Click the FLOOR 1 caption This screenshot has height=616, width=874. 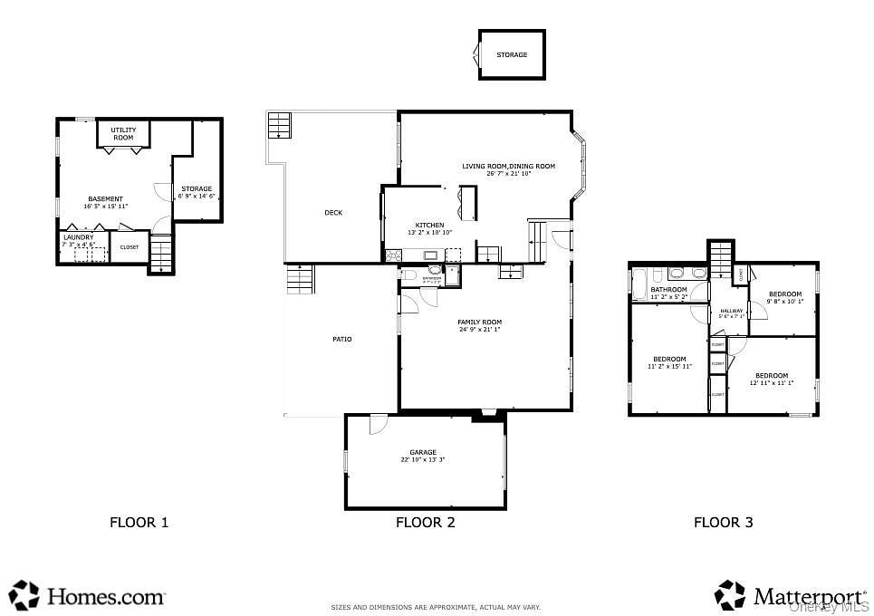coord(139,522)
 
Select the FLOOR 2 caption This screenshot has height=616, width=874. coord(425,522)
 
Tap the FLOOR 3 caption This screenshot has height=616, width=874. coord(723,522)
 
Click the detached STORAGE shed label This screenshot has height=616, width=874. coord(512,54)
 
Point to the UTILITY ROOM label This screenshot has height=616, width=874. coord(123,134)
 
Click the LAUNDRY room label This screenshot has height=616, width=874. coord(78,237)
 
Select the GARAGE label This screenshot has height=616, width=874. coord(423,452)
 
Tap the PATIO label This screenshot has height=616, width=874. coord(341,339)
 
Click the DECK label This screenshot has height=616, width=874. coord(333,213)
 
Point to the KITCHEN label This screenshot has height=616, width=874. coord(429,225)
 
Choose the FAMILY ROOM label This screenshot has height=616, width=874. coord(479,322)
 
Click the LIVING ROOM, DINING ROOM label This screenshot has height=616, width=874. coord(508,166)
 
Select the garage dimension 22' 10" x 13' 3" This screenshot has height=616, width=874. coord(423,460)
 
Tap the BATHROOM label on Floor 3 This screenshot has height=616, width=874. coord(668,290)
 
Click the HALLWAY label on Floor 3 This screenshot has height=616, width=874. coord(731,311)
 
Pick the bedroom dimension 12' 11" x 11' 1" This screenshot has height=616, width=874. coord(771,383)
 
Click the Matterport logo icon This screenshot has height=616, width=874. coord(730,595)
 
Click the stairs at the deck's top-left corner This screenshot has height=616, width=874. coord(279,125)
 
